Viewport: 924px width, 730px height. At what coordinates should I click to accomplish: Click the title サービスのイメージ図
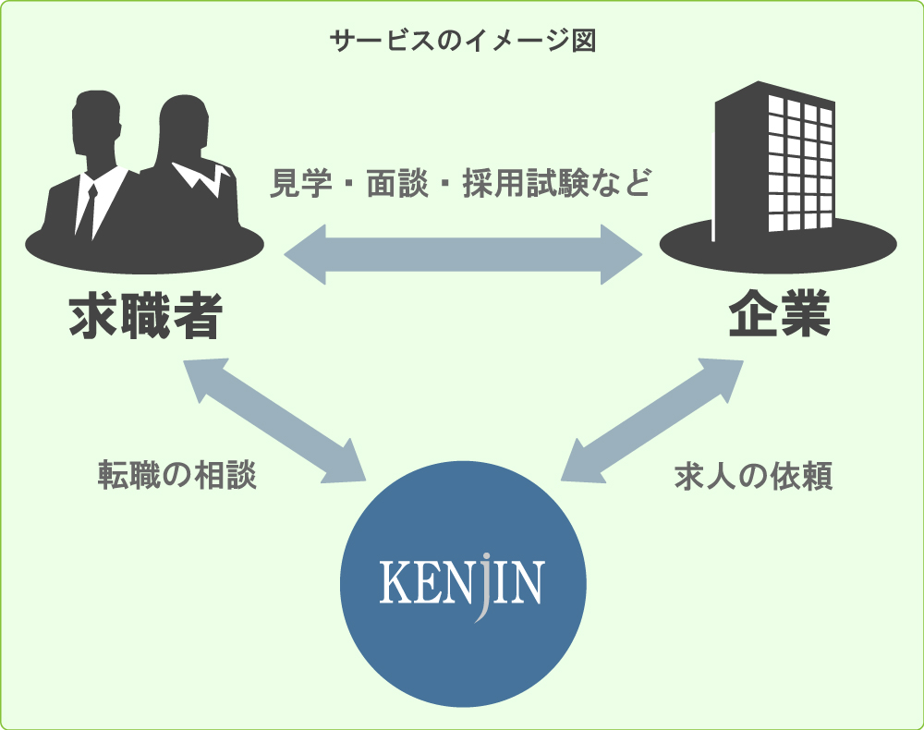tap(462, 42)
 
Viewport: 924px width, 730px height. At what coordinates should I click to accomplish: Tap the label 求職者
tap(145, 317)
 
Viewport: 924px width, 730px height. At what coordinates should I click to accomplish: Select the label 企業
tap(779, 317)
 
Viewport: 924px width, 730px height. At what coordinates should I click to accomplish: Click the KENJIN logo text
tap(462, 583)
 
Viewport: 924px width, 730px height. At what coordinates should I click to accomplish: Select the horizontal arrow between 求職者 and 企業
tap(462, 252)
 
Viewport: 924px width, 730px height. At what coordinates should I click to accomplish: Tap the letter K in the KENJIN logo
tap(395, 583)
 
